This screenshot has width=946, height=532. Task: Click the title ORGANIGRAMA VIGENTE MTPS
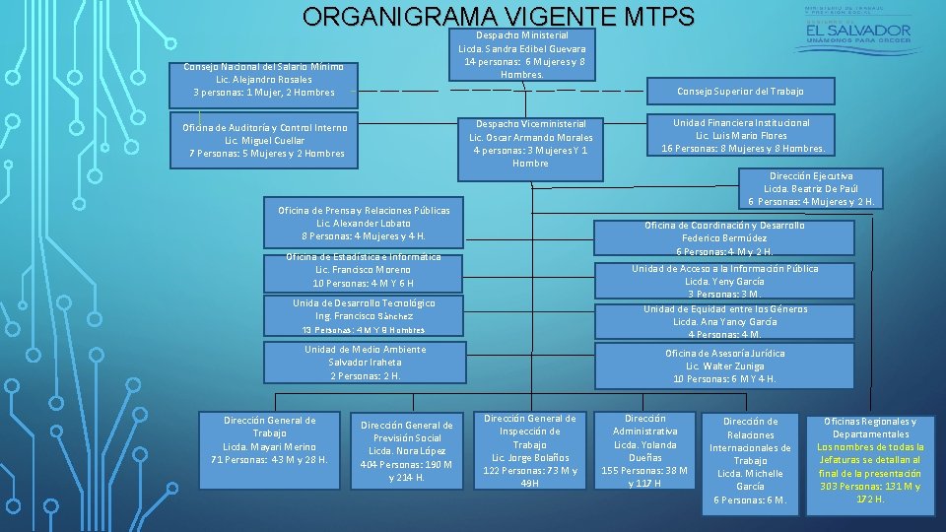(499, 17)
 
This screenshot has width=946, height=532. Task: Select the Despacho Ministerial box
(521, 54)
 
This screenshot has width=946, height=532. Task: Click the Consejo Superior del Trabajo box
(740, 91)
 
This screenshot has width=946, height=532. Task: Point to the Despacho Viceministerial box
(530, 143)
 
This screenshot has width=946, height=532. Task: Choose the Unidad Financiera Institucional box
(741, 136)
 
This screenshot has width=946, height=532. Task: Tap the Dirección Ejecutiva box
(811, 188)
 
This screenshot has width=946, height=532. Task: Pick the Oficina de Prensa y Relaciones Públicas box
(364, 224)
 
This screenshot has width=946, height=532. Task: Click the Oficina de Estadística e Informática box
(364, 269)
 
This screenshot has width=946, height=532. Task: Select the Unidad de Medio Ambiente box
(365, 363)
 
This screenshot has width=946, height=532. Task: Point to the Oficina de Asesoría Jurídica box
(725, 366)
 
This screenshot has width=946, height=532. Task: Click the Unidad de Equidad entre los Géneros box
(725, 321)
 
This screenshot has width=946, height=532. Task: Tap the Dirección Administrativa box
(644, 450)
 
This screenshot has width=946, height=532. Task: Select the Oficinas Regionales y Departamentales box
(870, 460)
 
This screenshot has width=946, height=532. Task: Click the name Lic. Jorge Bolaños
(529, 457)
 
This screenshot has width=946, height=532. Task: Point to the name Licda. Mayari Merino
(269, 446)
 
